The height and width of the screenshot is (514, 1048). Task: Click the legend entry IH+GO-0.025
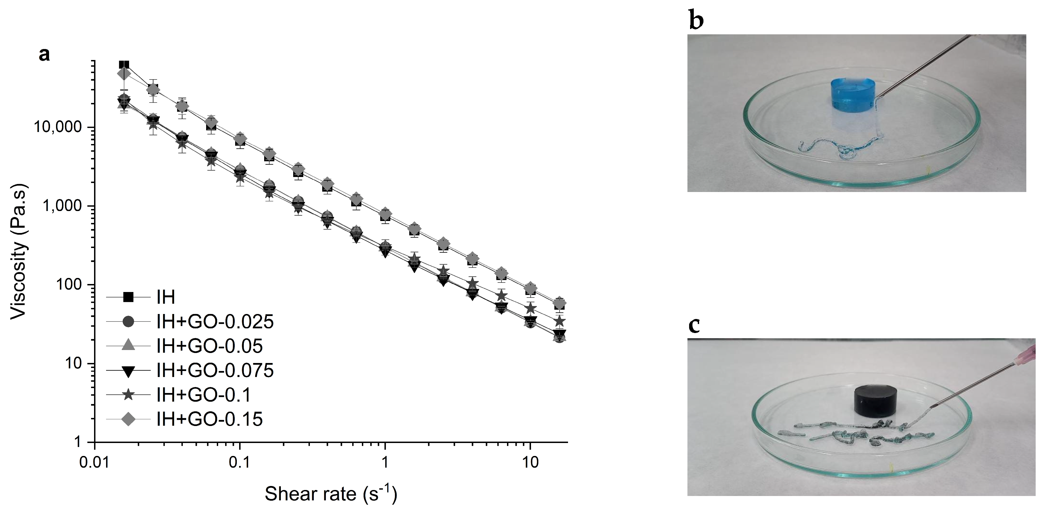click(215, 322)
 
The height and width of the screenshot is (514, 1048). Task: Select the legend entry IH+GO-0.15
click(209, 419)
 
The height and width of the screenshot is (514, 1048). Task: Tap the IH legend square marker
click(128, 297)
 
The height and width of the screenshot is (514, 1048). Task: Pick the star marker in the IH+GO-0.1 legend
click(128, 395)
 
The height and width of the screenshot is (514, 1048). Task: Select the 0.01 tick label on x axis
click(94, 462)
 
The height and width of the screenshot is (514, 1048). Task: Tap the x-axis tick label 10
click(530, 462)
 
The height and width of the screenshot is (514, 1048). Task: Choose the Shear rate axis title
click(330, 494)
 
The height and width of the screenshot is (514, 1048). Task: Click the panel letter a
click(44, 54)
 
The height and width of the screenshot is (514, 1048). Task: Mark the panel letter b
click(696, 20)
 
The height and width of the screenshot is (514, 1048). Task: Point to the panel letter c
click(694, 325)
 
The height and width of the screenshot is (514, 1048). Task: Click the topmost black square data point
click(124, 65)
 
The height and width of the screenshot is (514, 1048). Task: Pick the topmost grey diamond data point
click(124, 74)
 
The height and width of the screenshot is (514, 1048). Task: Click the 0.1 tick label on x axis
click(239, 462)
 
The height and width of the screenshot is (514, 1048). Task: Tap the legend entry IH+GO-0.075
click(215, 370)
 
